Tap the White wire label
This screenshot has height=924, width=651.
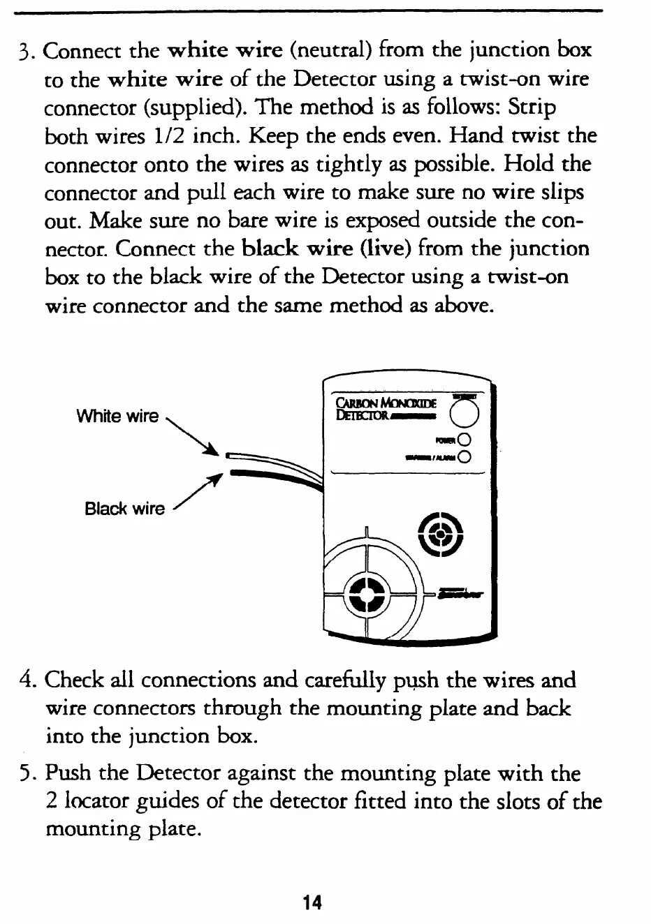tap(117, 417)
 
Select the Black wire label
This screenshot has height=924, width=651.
tap(124, 508)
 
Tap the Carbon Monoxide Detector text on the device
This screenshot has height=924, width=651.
tap(386, 409)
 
